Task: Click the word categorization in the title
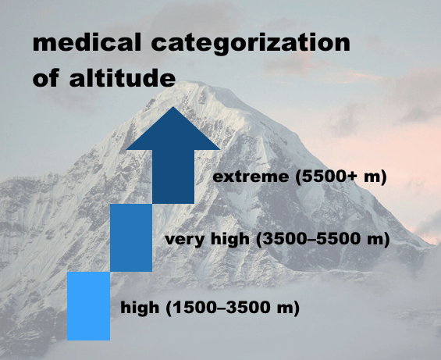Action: coord(251,45)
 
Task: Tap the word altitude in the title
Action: coord(123,77)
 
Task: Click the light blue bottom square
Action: coord(89,306)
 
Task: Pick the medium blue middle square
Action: coord(131,237)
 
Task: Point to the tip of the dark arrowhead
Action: coord(173,106)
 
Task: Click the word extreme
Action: coord(251,177)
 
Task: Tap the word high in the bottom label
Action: coord(140,308)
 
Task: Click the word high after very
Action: coord(230,239)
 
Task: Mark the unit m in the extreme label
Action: coord(372,177)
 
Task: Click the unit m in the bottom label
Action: coord(285,308)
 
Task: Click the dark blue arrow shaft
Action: coord(173,176)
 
